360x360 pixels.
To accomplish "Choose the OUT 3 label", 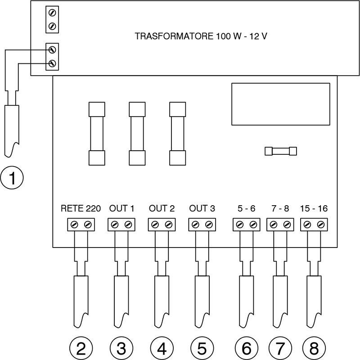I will [202, 209].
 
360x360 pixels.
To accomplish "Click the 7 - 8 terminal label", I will [280, 209].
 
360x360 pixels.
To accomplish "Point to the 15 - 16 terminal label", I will [314, 209].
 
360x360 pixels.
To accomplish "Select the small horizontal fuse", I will [281, 151].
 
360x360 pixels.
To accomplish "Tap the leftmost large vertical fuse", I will [97, 134].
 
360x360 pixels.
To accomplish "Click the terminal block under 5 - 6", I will [246, 224].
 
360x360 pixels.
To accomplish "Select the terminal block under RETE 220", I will [81, 224].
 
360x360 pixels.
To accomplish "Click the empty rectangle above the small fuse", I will [281, 104].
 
